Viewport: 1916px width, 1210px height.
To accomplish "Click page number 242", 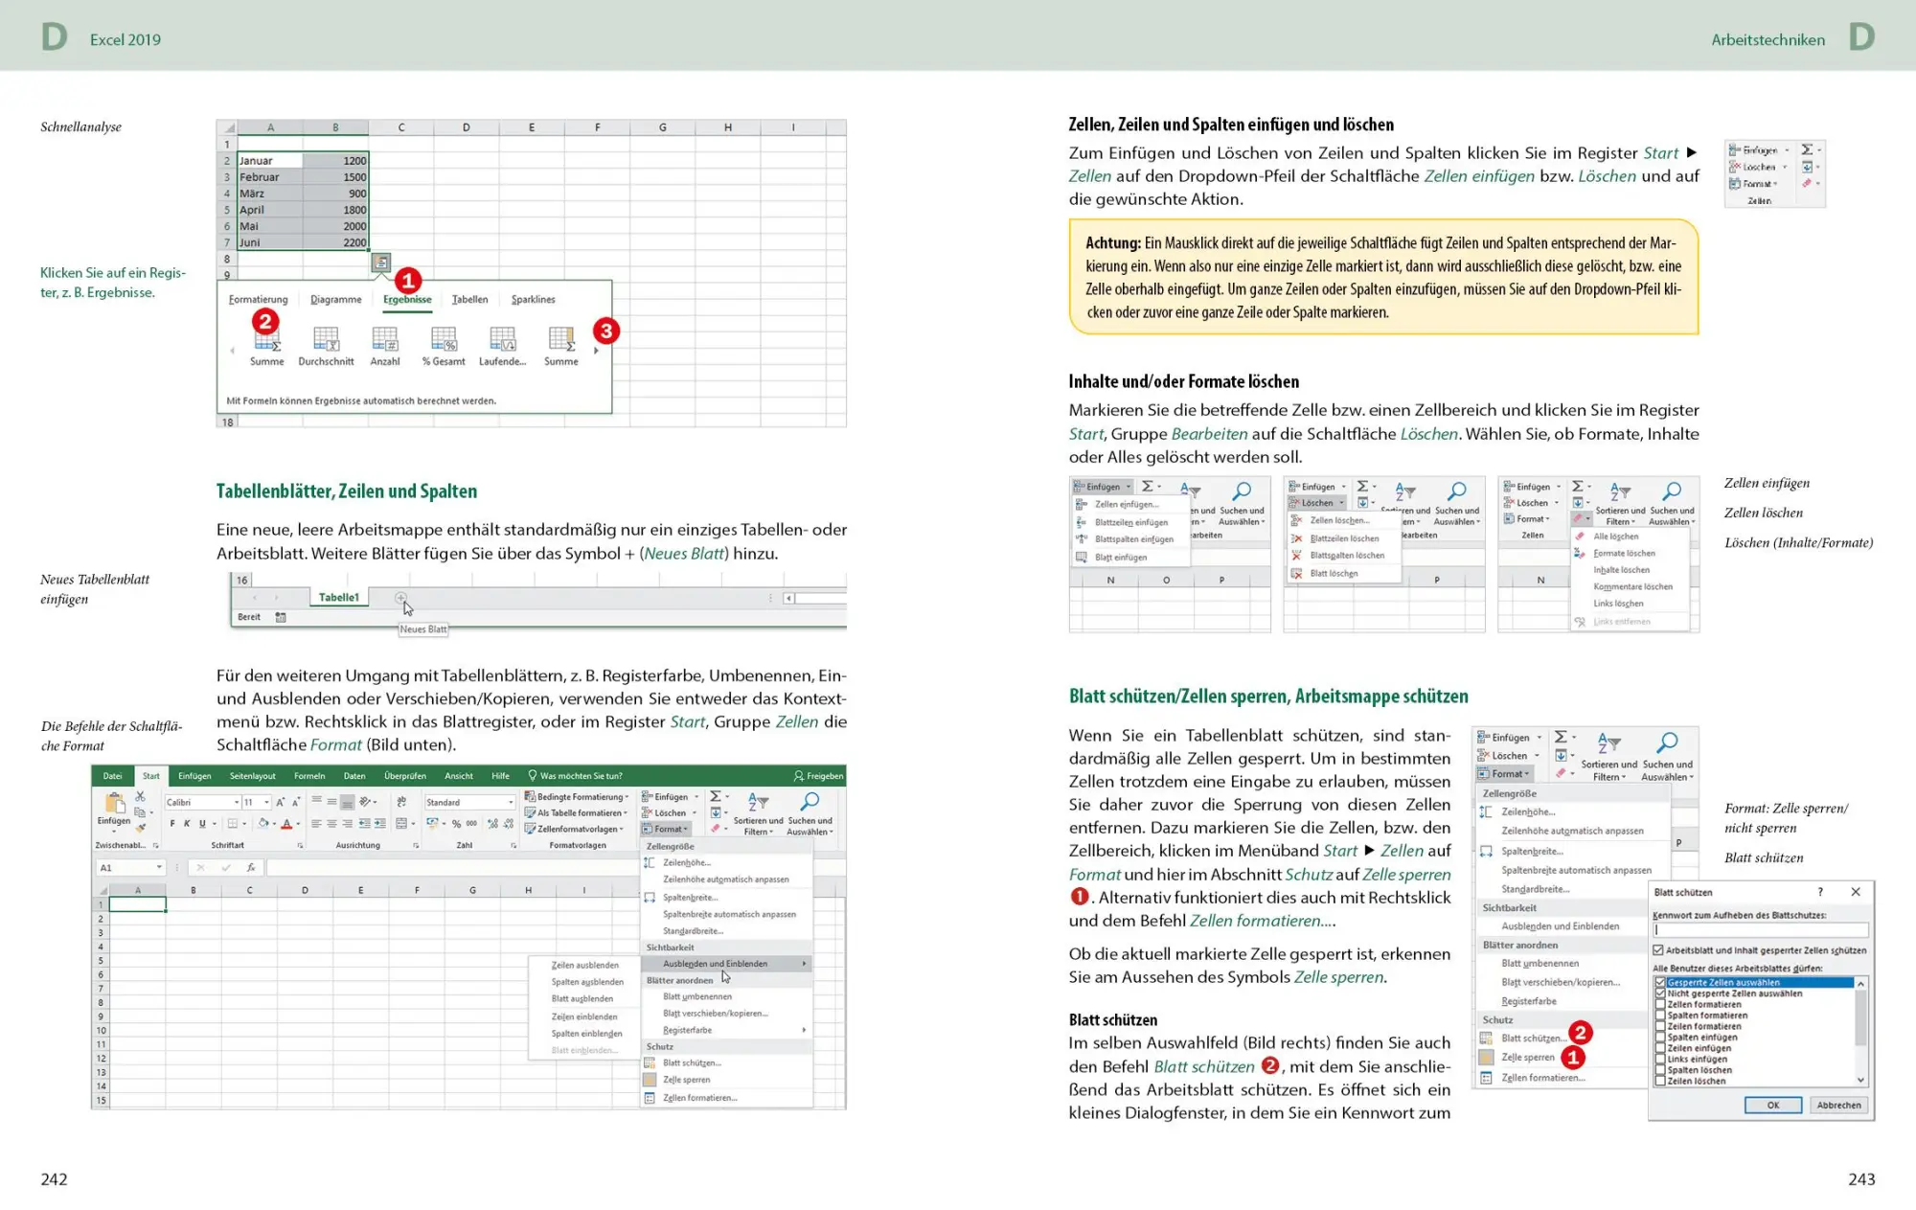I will (54, 1179).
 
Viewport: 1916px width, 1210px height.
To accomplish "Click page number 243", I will (1861, 1179).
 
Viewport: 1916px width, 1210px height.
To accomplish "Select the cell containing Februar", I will (269, 177).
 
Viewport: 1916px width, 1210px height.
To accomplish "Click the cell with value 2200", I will (336, 242).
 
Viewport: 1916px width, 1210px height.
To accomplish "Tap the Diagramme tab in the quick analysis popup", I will (336, 300).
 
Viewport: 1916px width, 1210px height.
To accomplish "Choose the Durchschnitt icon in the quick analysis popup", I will (326, 345).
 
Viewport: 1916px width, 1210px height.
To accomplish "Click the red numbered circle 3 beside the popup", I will (605, 331).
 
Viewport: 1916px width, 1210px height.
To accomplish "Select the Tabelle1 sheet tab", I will (338, 598).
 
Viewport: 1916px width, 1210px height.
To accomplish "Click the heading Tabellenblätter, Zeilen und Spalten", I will (346, 491).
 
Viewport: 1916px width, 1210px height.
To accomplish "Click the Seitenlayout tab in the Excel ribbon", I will (252, 776).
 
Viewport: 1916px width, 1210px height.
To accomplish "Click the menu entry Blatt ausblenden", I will (582, 999).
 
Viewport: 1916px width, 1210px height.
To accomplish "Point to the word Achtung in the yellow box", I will (1112, 243).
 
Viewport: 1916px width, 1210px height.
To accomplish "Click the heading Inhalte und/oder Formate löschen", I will (1183, 381).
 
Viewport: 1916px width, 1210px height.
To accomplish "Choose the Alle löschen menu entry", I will (1615, 537).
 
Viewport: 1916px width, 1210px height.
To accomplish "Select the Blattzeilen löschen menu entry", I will (1344, 538).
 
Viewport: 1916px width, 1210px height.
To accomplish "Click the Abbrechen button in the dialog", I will (1838, 1105).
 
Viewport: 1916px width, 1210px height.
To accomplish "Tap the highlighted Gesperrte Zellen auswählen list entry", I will (1722, 983).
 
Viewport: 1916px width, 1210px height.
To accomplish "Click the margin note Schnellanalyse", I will (80, 126).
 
